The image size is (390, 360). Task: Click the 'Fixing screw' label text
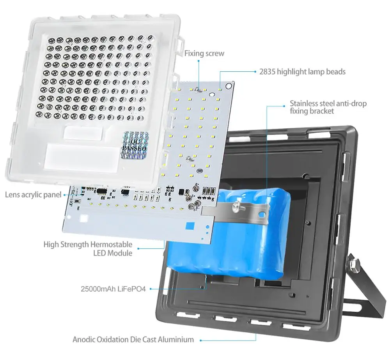point(204,53)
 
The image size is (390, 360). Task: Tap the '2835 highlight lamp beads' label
point(302,72)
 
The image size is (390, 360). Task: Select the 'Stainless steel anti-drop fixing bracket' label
point(328,107)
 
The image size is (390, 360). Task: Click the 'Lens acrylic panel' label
point(33,195)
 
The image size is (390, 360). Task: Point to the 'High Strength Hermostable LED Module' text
point(88,249)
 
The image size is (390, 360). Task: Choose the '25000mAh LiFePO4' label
point(113,289)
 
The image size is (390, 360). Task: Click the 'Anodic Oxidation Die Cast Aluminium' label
point(133,339)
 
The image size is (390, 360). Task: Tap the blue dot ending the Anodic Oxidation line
point(201,340)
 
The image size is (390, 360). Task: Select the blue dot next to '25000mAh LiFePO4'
point(151,289)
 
